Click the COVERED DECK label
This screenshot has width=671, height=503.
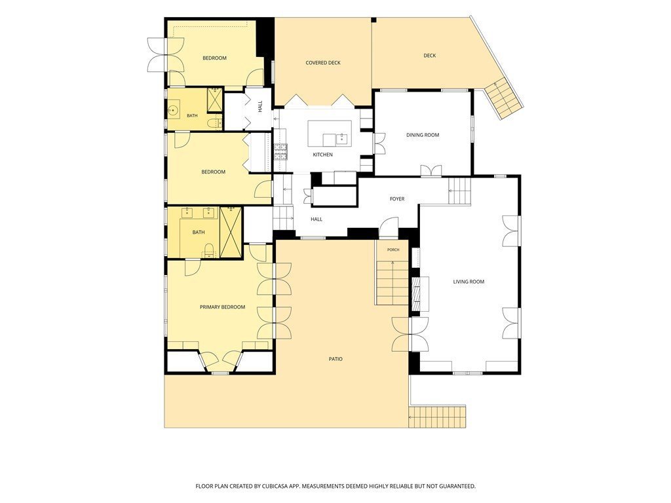[323, 63]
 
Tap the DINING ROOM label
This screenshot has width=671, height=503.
[423, 135]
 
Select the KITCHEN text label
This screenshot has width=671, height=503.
[322, 155]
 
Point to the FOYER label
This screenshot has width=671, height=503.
[397, 199]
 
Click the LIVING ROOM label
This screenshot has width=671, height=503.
[469, 282]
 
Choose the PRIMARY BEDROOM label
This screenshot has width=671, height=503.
[223, 307]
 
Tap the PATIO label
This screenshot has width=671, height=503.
[335, 359]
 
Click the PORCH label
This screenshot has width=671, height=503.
[393, 250]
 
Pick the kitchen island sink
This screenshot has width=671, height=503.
[341, 139]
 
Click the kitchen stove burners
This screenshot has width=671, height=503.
[280, 152]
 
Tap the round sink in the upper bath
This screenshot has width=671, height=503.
[173, 110]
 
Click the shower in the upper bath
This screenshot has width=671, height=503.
[215, 100]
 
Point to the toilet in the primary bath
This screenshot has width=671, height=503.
[209, 251]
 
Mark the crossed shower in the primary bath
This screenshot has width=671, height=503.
[231, 233]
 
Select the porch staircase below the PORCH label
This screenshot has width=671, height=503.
[393, 282]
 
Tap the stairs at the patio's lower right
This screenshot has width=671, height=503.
[437, 417]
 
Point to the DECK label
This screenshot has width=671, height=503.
[430, 56]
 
